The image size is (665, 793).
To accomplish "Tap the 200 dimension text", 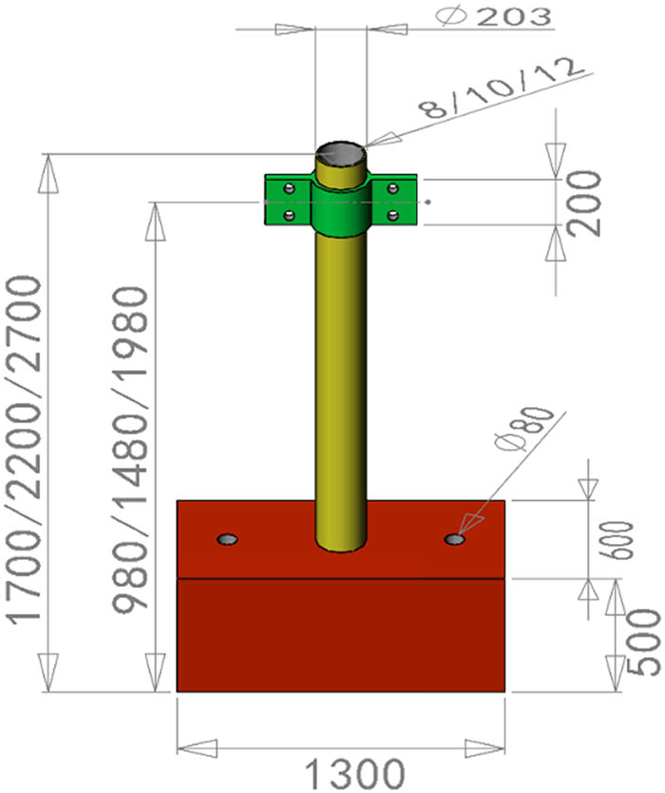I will pos(588,203).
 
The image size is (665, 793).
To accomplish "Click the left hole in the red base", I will pos(227,540).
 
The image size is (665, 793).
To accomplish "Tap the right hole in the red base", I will pos(455,540).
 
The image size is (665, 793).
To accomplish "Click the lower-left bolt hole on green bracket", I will pos(290,214).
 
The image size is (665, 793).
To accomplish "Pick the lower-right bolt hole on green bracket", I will pos(392,215).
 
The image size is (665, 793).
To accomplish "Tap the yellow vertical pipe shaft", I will pos(339,380).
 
